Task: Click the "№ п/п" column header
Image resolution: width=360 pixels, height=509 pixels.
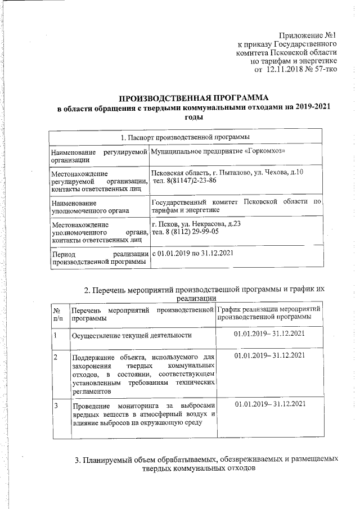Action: tap(57, 313)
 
